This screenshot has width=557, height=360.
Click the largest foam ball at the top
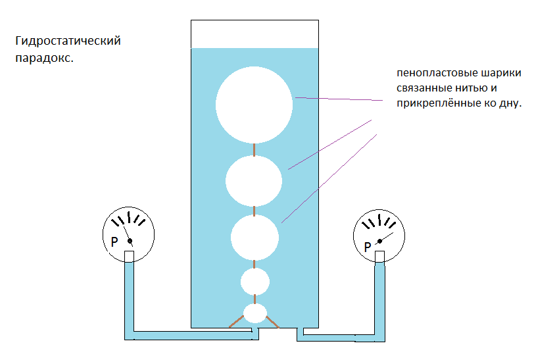(x=254, y=105)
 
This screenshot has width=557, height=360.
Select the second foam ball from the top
(x=254, y=180)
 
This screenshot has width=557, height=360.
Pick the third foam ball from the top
(x=254, y=237)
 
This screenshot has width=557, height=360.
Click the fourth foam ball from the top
(x=254, y=282)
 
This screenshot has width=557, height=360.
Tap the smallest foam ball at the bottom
(x=254, y=313)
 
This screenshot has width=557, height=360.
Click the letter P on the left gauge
(x=114, y=242)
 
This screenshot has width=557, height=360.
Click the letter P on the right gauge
(x=367, y=247)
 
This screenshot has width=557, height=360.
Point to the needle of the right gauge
(x=386, y=236)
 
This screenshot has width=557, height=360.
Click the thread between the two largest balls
(x=254, y=149)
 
